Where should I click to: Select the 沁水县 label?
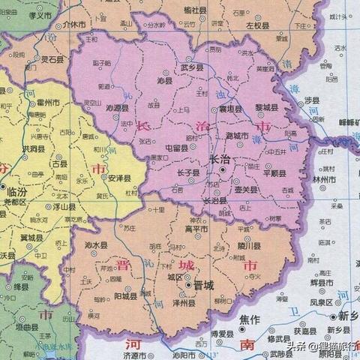pyautogui.click(x=97, y=244)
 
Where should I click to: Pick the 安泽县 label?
pyautogui.click(x=119, y=178)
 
